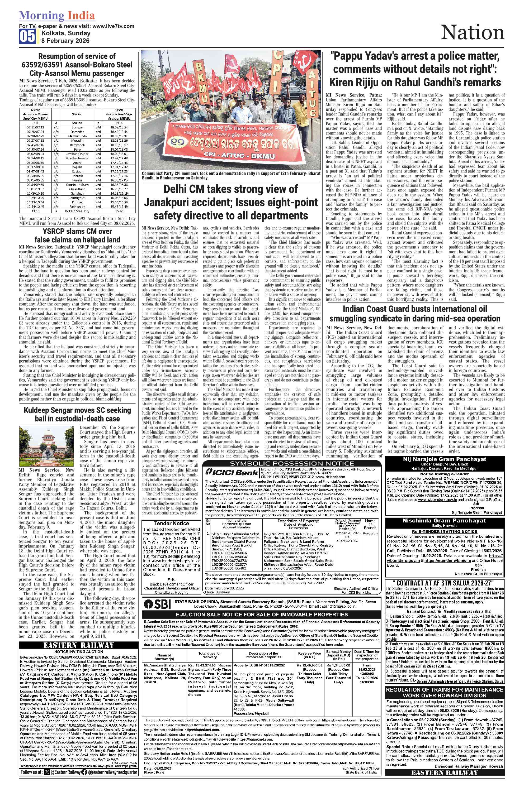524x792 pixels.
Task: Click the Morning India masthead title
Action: (x=57, y=16)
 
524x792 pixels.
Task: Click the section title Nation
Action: (x=472, y=33)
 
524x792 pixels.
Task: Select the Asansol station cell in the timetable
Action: (x=77, y=123)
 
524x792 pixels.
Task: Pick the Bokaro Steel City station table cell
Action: (x=77, y=211)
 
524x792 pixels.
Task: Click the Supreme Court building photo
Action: (x=46, y=447)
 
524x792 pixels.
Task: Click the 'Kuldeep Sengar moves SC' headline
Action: (x=77, y=414)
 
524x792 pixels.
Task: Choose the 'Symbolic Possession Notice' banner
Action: (x=292, y=463)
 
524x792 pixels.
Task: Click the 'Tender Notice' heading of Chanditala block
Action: (x=171, y=523)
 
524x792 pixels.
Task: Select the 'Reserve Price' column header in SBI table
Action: (x=309, y=655)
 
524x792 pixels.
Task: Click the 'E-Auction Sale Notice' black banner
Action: (x=262, y=614)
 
